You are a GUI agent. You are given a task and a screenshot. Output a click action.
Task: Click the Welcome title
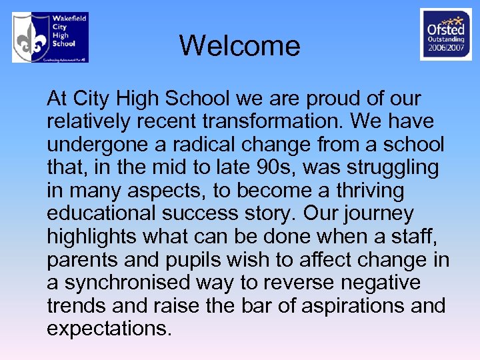pyautogui.click(x=239, y=46)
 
